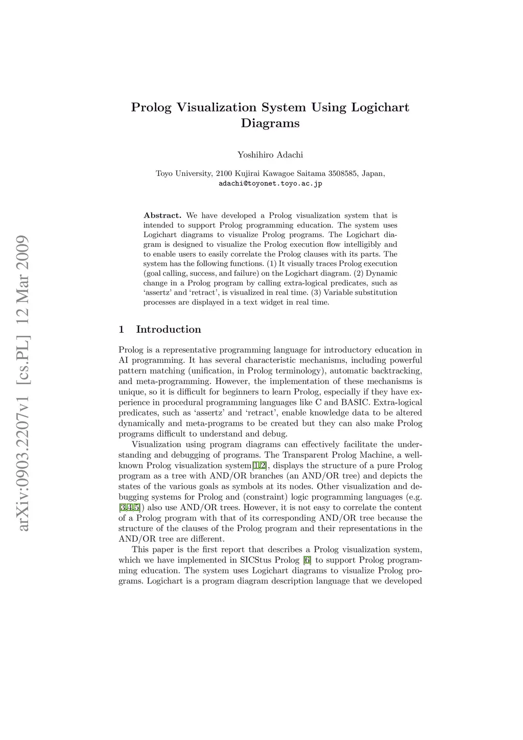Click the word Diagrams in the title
tap(270, 124)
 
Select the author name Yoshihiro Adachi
tap(270, 155)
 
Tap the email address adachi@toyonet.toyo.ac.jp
tap(270, 183)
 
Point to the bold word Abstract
tap(162, 216)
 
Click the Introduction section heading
tap(169, 330)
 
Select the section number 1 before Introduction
tap(122, 330)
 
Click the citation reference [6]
tap(307, 560)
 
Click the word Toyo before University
tap(164, 174)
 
